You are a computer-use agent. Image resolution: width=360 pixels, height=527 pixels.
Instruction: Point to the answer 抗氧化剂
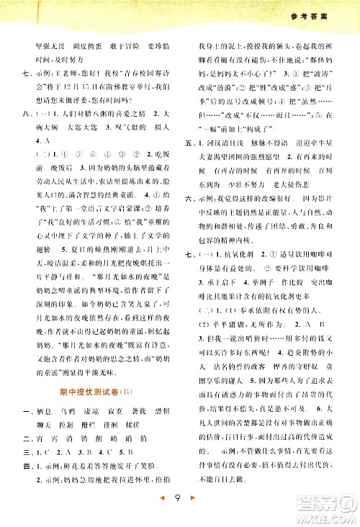pyautogui.click(x=247, y=315)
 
